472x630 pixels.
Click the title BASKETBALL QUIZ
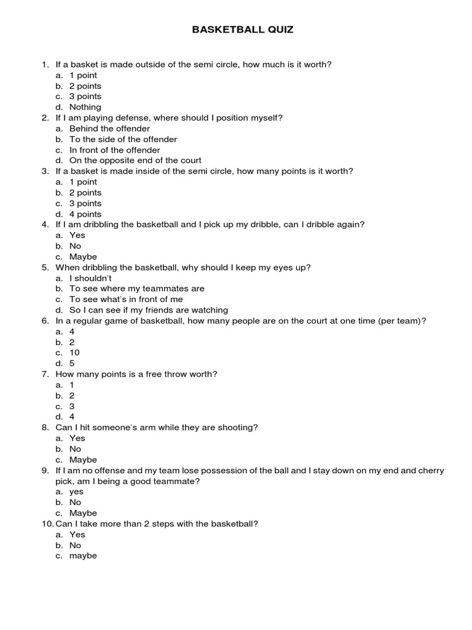tap(243, 30)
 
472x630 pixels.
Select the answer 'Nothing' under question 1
tap(85, 107)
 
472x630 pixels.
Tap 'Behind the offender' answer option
tap(109, 129)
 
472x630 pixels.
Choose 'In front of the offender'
tap(114, 150)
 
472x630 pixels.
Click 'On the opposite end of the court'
tap(135, 161)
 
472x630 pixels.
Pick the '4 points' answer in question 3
tap(85, 214)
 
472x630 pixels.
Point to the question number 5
tap(45, 268)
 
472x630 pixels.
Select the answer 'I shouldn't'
tap(90, 278)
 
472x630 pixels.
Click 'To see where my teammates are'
tap(136, 289)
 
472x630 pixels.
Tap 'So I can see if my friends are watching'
tap(148, 310)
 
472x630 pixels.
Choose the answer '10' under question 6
tap(74, 353)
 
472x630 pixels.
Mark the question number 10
tap(47, 524)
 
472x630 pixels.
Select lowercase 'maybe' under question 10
tap(83, 556)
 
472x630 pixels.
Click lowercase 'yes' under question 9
tap(76, 492)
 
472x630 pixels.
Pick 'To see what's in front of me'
tap(126, 300)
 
